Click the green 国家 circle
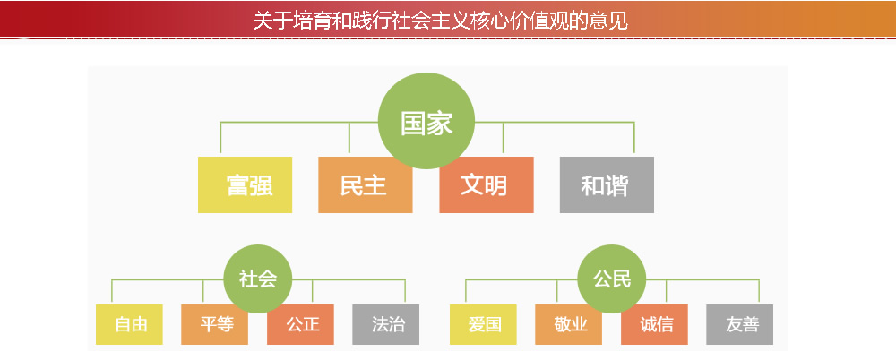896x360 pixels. (x=426, y=121)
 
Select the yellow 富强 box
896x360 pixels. (x=246, y=184)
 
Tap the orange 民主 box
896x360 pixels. (x=366, y=184)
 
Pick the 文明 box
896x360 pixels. (x=487, y=184)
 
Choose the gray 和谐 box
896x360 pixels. (x=607, y=184)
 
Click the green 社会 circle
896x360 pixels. (x=258, y=279)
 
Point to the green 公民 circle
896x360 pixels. (x=611, y=279)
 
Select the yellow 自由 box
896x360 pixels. (x=129, y=324)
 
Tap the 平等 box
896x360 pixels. (x=215, y=324)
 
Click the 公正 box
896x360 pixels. (x=300, y=324)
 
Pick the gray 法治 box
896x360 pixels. (x=385, y=324)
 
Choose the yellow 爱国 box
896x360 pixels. (x=484, y=324)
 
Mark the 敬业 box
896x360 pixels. (x=569, y=324)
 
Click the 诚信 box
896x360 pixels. (x=654, y=324)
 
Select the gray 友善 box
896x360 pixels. (x=740, y=324)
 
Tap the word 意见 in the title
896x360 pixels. (x=614, y=21)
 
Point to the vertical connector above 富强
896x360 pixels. (x=220, y=137)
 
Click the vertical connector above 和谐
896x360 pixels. (x=634, y=137)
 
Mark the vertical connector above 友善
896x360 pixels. (x=759, y=291)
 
